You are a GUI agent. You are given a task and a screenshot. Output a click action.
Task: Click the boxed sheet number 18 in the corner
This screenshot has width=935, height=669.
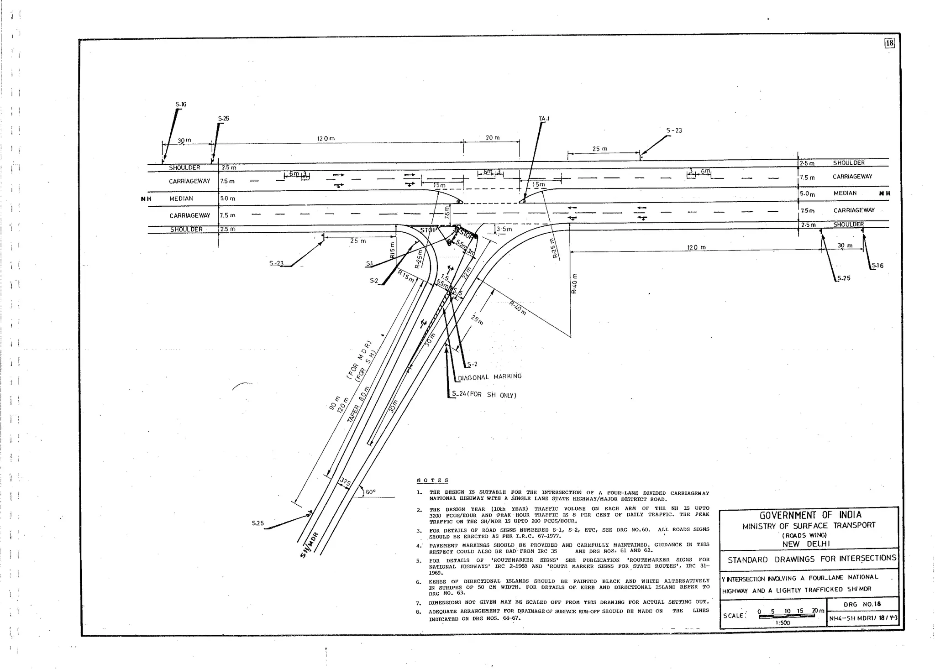click(x=889, y=43)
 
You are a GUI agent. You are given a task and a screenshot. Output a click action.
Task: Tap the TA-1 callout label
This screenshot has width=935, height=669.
click(x=544, y=119)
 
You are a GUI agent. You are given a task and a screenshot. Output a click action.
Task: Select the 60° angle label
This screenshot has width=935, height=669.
click(x=370, y=492)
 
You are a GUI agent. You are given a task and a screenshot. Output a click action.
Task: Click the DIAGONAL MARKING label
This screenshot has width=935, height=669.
click(x=489, y=377)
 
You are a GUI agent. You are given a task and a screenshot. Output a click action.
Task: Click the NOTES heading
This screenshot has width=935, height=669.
click(x=432, y=481)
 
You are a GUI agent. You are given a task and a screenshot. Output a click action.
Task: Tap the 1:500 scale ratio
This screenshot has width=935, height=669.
click(x=782, y=622)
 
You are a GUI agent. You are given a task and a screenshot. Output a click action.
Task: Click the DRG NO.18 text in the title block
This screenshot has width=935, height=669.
click(x=862, y=604)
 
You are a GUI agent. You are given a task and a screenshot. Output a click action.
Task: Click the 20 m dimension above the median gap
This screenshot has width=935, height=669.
click(x=492, y=137)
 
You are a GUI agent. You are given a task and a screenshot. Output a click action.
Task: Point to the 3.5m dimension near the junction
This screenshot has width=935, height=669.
click(x=504, y=229)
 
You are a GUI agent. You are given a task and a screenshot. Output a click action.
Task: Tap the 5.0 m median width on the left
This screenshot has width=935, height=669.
click(x=227, y=199)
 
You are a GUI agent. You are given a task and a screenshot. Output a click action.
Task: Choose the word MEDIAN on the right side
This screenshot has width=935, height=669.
click(x=845, y=193)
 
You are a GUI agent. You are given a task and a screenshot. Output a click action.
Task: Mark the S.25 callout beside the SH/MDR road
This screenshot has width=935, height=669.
click(x=257, y=523)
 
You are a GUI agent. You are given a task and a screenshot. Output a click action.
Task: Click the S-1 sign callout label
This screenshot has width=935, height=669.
click(x=369, y=264)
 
